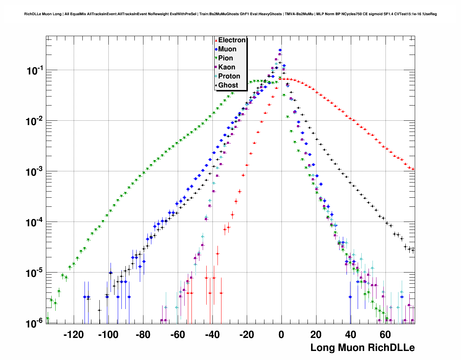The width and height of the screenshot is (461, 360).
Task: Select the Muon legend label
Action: [227, 49]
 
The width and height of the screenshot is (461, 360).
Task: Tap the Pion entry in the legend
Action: [225, 58]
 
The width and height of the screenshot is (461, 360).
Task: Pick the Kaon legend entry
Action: [227, 67]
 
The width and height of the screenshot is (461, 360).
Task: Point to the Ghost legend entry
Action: [228, 85]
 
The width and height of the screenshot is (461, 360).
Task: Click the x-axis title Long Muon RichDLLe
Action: [362, 348]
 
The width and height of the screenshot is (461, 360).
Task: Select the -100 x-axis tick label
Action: [108, 335]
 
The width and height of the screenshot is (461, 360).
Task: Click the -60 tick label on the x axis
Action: [177, 335]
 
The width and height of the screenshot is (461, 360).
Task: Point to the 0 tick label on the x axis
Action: [281, 335]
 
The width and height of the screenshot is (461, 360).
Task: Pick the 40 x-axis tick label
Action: [350, 335]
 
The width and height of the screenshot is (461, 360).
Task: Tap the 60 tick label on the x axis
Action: [385, 335]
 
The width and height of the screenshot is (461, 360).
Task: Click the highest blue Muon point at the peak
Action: [280, 50]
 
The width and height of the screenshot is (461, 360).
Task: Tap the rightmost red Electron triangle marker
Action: [413, 169]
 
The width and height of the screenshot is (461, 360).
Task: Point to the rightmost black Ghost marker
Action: [413, 250]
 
